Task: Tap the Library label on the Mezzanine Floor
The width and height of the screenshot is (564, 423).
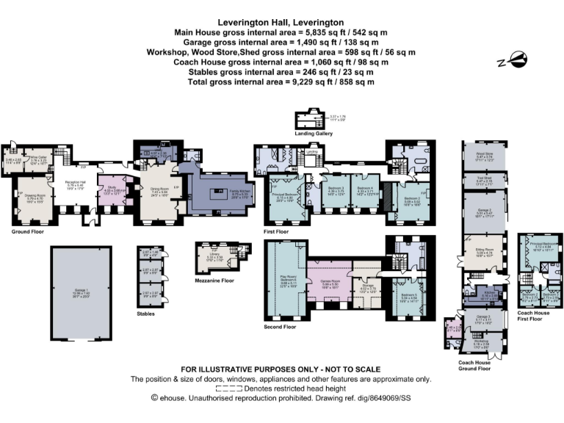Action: point(214,256)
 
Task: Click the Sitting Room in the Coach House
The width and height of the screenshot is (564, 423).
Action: point(483,255)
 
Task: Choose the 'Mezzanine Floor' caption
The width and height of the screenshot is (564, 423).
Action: point(214,281)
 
